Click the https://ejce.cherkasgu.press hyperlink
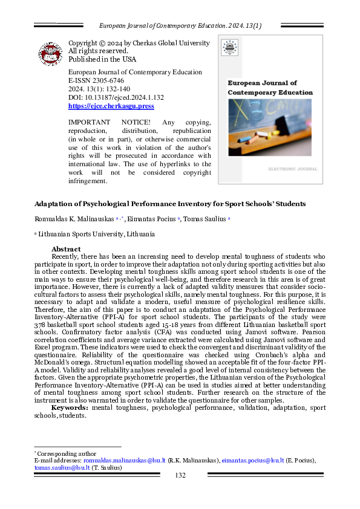tap(111, 106)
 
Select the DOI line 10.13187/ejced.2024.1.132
tap(116, 97)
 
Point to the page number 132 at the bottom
tap(180, 476)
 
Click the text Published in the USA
tap(102, 59)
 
